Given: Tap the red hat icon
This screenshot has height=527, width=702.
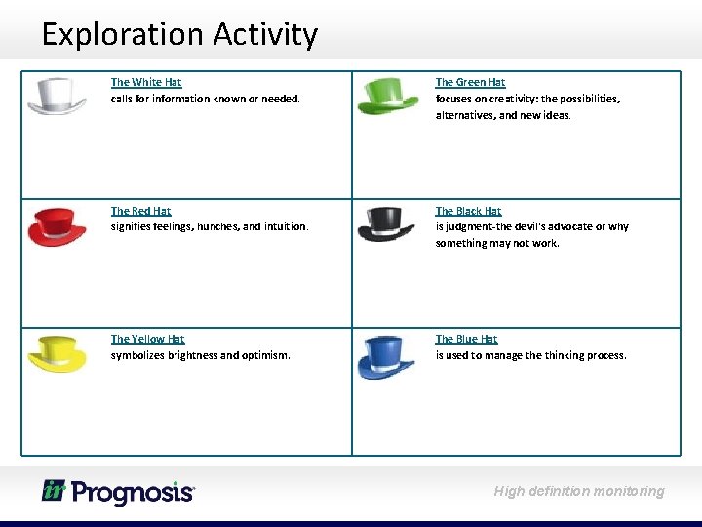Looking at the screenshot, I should point(57,225).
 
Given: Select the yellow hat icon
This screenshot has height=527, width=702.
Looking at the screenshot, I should point(57,353).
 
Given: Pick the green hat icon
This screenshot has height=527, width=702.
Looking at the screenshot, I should point(387,96).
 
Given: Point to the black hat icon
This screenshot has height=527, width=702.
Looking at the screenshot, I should point(386,224).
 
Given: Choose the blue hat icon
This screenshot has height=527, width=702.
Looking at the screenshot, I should point(386,356).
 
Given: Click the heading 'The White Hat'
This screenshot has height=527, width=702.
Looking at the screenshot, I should point(146,83).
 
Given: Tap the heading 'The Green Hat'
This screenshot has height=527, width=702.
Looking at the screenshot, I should point(470,83).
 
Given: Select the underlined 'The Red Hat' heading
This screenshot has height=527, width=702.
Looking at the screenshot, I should point(140,211).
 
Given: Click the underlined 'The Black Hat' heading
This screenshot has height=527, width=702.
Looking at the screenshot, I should point(468,211).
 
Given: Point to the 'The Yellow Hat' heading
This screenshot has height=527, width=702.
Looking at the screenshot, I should point(147,339).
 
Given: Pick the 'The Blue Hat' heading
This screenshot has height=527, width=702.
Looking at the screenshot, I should point(466,339).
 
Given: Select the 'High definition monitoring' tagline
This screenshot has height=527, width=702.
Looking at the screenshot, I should point(578,491).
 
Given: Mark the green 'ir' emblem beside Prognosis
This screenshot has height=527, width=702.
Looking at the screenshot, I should point(54,490).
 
